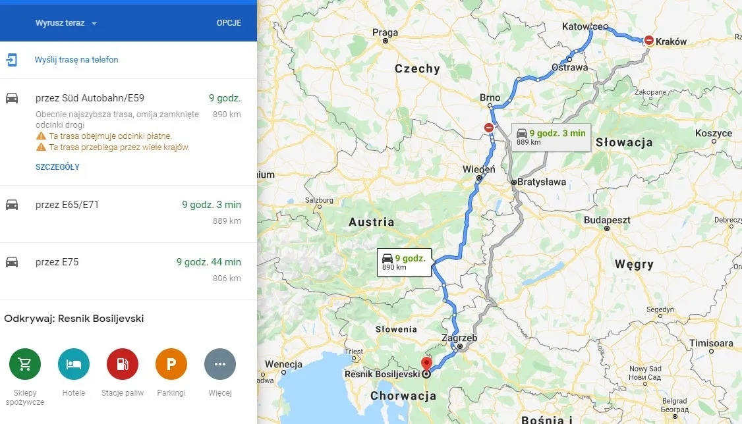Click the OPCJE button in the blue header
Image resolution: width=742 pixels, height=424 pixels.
(229, 23)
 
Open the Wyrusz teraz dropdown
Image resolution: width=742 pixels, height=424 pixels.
(66, 23)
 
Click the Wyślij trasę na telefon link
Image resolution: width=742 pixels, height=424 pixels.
(76, 60)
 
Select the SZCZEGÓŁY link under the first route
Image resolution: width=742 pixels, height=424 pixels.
(57, 167)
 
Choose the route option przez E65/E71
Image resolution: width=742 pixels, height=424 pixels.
(67, 205)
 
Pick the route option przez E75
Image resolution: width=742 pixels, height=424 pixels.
(57, 262)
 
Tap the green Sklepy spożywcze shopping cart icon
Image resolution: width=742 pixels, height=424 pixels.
(25, 365)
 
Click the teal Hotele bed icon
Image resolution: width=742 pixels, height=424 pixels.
(74, 365)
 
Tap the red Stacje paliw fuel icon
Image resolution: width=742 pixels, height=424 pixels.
(123, 365)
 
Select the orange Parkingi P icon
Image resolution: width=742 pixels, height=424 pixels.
(171, 365)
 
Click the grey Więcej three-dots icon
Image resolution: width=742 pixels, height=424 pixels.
(220, 365)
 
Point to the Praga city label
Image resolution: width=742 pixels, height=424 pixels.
(385, 32)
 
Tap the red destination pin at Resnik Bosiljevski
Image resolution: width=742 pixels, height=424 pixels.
(426, 363)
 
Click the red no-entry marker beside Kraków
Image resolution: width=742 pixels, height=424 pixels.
(649, 40)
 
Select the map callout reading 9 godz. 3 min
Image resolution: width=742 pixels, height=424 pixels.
(551, 136)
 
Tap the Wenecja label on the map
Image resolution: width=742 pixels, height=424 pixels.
(283, 364)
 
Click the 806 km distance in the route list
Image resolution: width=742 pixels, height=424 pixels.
(227, 278)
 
